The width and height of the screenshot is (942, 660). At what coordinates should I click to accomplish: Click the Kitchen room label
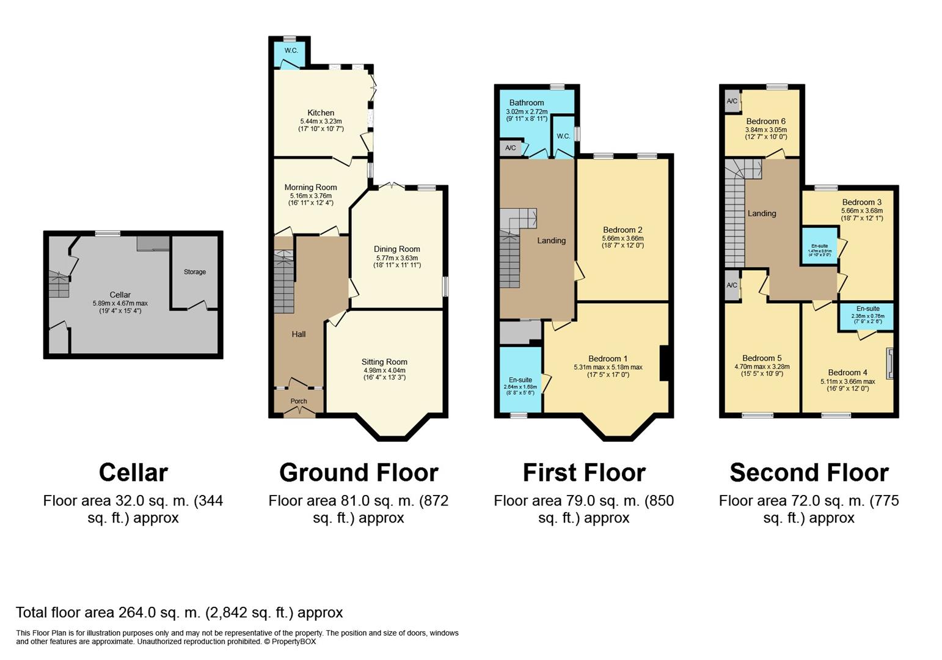(321, 113)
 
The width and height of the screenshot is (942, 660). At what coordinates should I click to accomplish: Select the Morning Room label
(310, 188)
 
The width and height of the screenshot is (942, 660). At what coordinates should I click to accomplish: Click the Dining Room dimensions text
(397, 262)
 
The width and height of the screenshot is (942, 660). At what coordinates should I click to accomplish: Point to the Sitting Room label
(384, 362)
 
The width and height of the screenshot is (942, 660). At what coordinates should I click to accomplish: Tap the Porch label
(299, 402)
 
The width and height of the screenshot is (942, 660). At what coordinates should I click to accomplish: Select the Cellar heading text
(133, 472)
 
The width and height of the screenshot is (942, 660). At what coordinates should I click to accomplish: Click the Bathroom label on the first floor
(527, 103)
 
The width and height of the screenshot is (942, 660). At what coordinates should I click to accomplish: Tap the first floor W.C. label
(563, 136)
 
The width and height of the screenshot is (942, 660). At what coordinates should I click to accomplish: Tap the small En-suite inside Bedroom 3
(820, 246)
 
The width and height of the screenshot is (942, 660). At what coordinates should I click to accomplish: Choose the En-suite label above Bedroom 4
(867, 309)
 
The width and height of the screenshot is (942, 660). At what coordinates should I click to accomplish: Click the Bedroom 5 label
(762, 358)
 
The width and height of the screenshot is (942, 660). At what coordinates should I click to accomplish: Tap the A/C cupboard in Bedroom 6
(732, 101)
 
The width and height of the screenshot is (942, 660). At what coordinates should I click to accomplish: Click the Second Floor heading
(809, 472)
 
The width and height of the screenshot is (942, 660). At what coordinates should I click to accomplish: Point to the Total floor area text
(179, 612)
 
